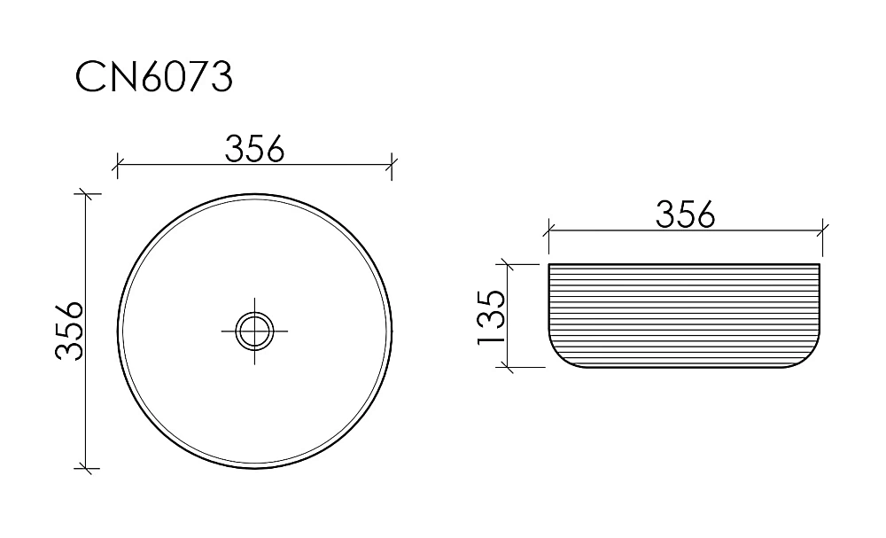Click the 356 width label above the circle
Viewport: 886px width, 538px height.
[254, 149]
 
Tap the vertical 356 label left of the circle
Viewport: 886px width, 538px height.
[69, 331]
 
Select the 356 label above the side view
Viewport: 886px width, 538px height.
[685, 214]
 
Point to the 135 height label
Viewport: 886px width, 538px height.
[491, 316]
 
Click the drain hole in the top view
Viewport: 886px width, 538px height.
[254, 331]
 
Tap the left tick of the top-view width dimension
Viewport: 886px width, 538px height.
[117, 165]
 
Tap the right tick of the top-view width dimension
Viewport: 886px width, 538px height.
[392, 165]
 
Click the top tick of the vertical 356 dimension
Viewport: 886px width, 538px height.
[86, 194]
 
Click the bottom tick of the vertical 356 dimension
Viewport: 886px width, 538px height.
[86, 468]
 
